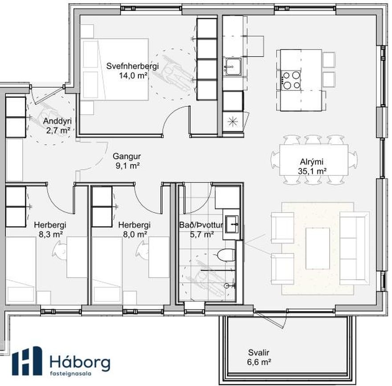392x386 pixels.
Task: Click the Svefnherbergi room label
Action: (132, 66)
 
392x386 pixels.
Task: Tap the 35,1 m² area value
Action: (312, 171)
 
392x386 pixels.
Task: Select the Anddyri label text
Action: (57, 121)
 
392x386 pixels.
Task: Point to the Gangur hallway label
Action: (127, 156)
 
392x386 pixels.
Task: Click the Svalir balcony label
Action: (258, 353)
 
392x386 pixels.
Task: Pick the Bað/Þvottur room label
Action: (201, 225)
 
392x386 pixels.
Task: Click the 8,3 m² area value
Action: (50, 234)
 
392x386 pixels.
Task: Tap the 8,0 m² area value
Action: (135, 234)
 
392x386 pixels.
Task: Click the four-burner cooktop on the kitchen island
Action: (291, 80)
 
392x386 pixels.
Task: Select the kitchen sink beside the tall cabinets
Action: (233, 67)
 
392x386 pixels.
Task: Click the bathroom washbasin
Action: (232, 224)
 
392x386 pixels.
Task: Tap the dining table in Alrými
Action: (314, 160)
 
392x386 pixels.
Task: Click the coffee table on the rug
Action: (318, 248)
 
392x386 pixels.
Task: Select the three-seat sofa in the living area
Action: (354, 248)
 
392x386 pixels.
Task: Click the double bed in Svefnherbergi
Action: (114, 69)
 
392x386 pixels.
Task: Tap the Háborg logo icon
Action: (27, 361)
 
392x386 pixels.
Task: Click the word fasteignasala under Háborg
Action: (70, 374)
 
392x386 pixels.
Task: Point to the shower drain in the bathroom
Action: (226, 285)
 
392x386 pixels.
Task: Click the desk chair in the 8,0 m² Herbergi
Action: (142, 249)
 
